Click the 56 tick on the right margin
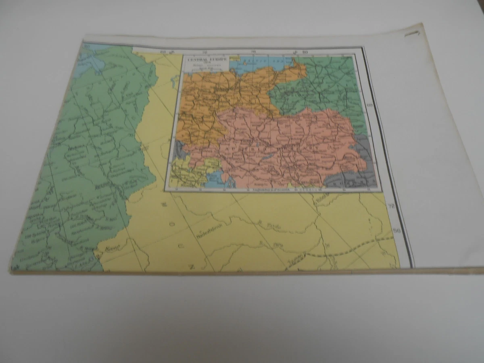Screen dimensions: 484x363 397,231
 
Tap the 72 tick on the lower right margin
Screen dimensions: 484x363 390,207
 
